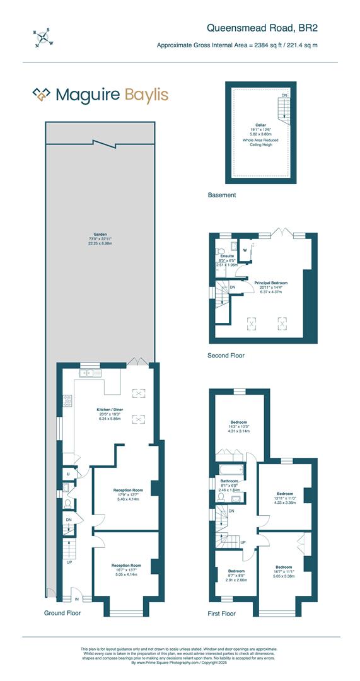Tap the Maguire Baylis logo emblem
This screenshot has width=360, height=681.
pos(42,95)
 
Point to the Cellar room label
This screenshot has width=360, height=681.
pos(260,125)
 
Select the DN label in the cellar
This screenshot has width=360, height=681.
pos(284,95)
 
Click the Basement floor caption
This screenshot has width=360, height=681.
pos(222,195)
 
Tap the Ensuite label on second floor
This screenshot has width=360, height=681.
pos(227,256)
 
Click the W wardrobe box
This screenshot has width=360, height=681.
pos(245,250)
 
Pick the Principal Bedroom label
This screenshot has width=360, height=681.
pos(271,283)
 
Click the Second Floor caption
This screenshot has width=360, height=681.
pos(226,356)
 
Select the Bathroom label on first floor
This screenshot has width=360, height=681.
pos(229,481)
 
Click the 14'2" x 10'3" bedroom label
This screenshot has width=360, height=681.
pos(238,422)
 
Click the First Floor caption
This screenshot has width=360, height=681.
pos(222,613)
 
